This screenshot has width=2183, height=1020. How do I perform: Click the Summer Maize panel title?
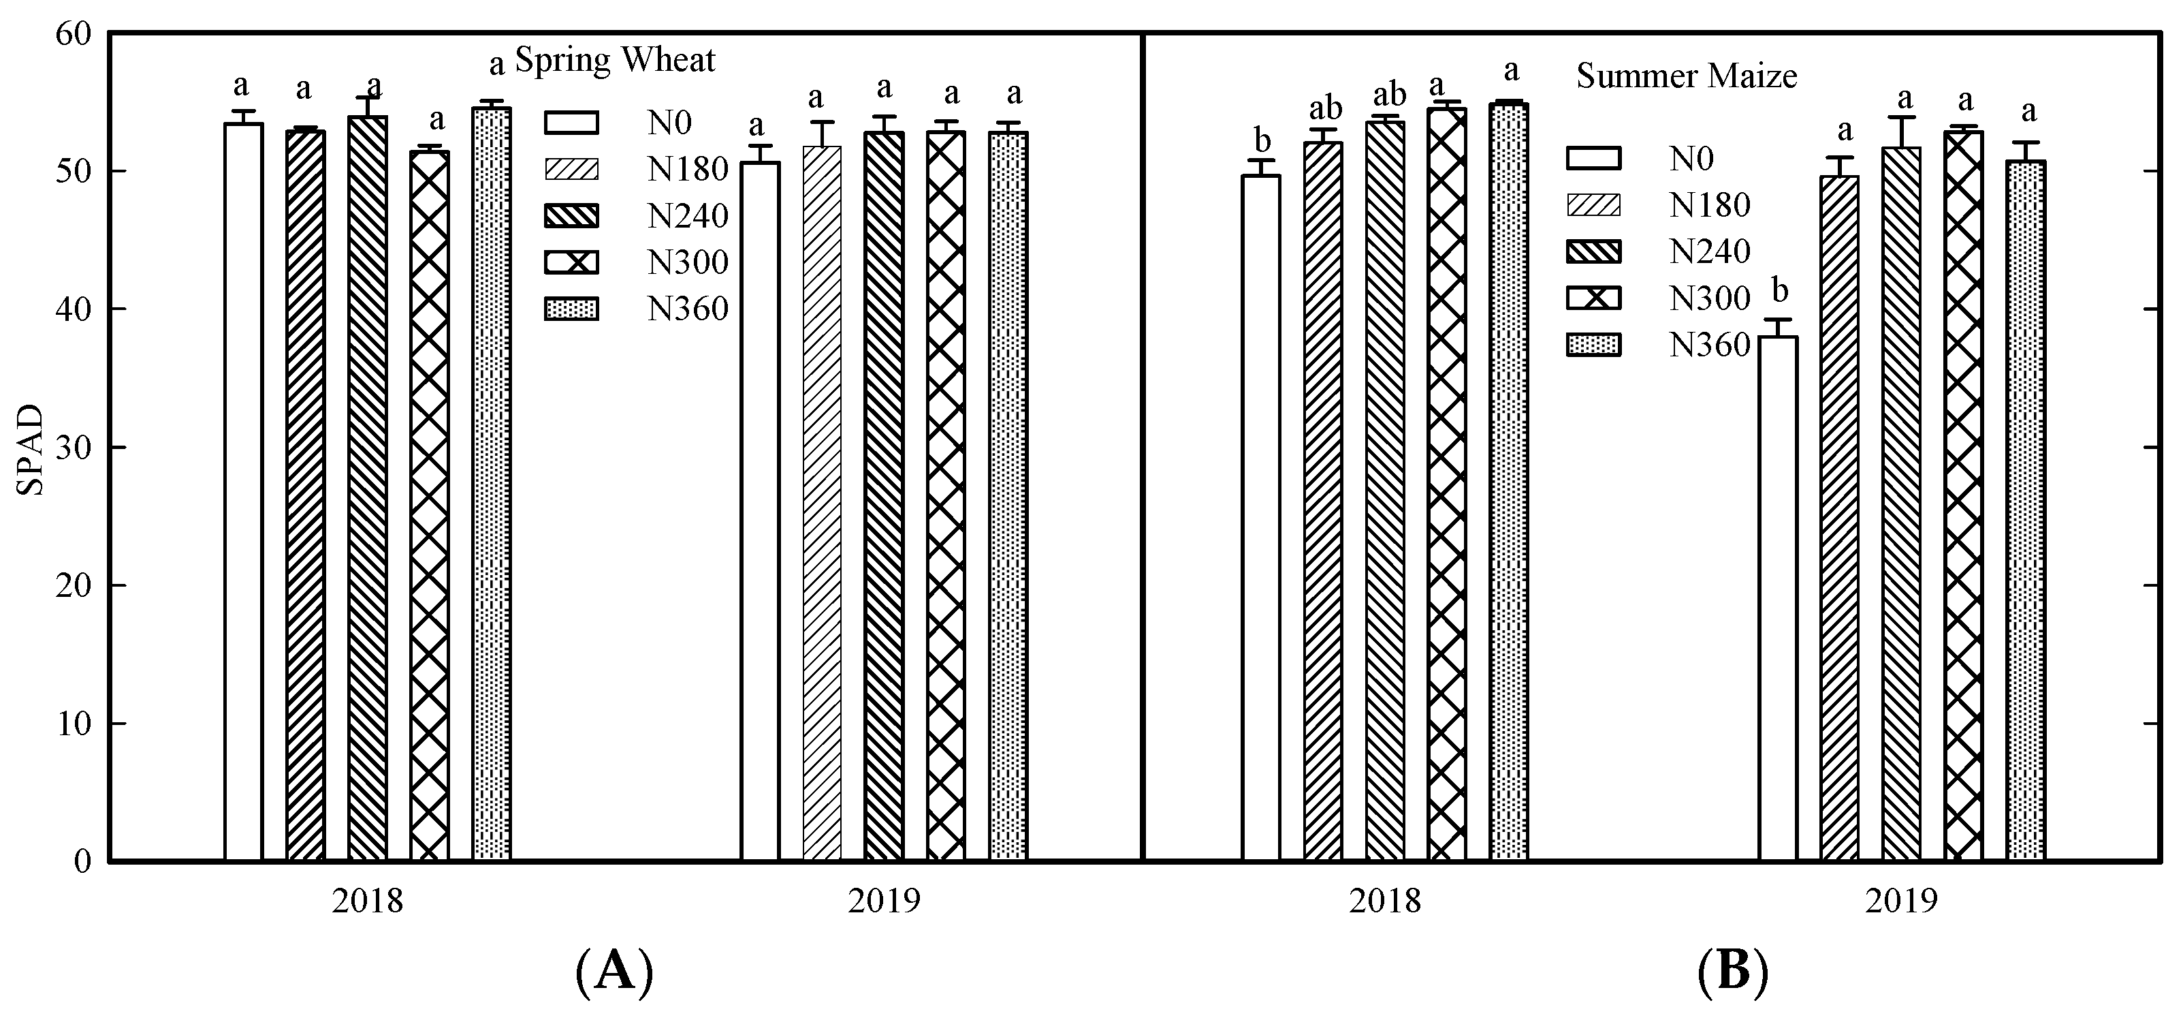click(1687, 77)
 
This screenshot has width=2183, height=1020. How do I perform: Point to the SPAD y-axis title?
click(31, 450)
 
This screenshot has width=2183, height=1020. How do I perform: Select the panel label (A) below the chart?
click(614, 972)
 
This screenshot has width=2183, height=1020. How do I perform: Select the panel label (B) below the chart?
click(1733, 972)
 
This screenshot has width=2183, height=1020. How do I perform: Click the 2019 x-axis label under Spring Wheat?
click(884, 901)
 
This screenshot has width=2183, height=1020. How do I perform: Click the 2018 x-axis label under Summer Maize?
click(1385, 901)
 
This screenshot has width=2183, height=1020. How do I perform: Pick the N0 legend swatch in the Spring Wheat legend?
click(571, 123)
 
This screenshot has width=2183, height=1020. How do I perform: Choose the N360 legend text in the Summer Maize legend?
click(1709, 345)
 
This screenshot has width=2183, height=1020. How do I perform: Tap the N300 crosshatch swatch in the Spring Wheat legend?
click(571, 263)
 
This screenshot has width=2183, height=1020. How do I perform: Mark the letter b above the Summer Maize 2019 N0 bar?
click(1780, 292)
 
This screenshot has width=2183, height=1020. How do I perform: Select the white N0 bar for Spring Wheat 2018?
click(243, 492)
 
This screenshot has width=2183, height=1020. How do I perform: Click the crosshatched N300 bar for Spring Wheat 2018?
click(430, 509)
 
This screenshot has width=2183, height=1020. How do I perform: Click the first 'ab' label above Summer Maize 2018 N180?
click(1325, 108)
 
